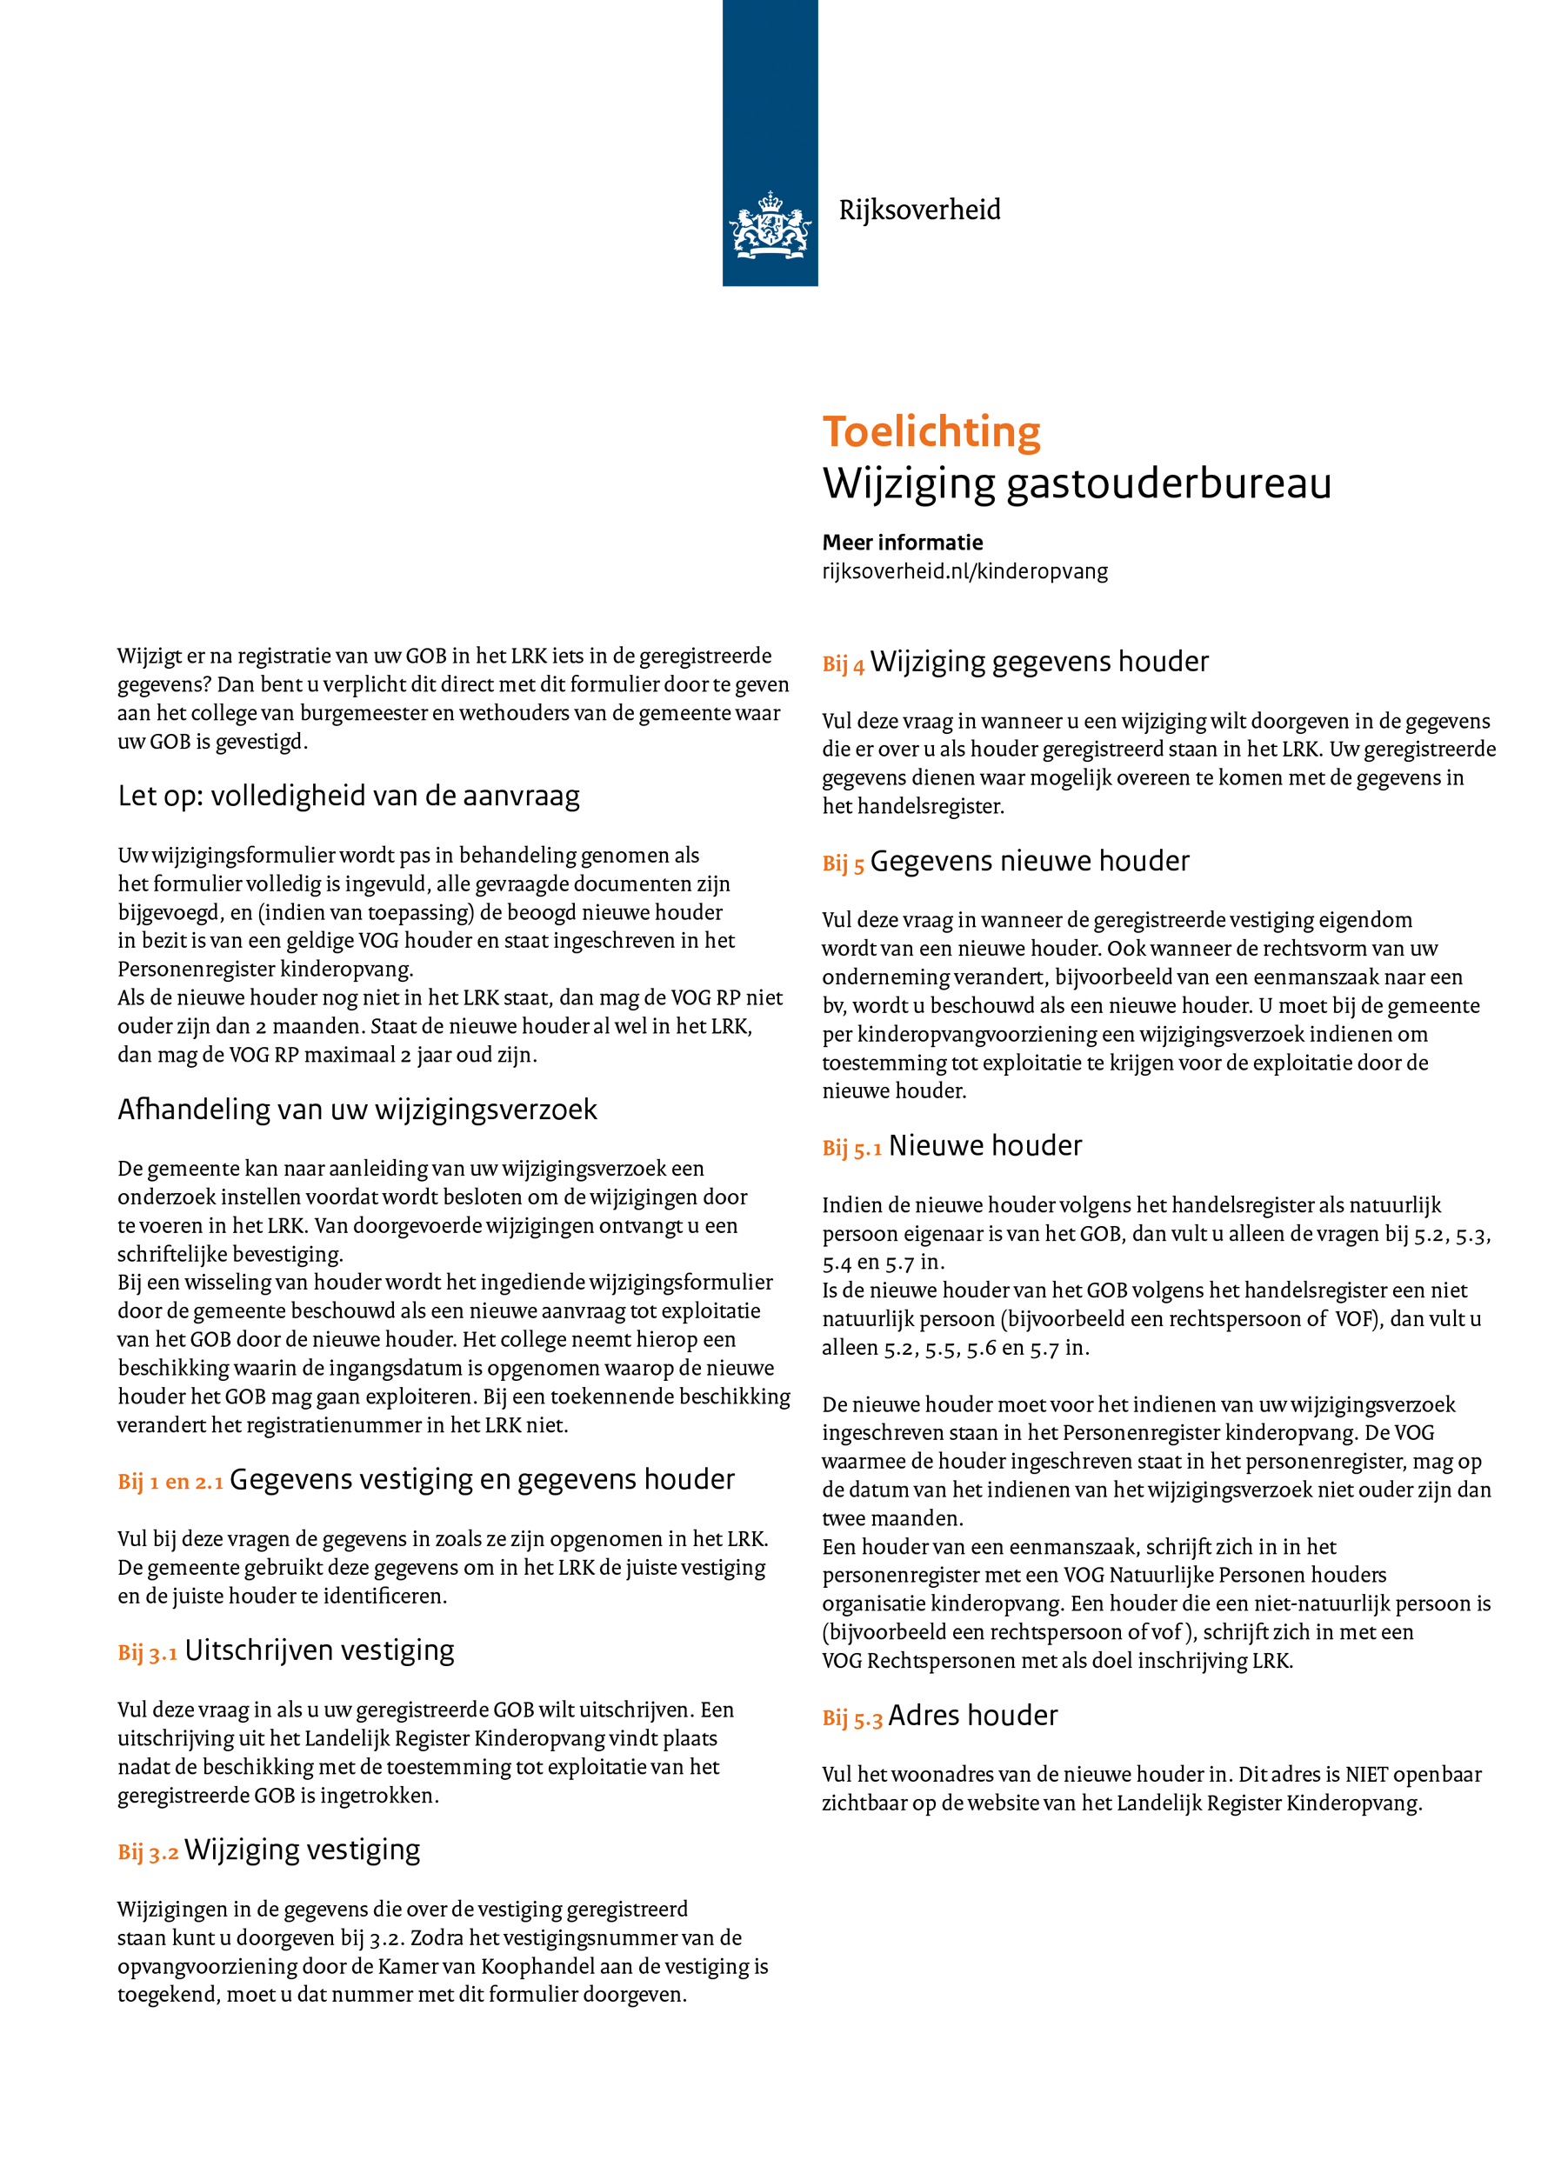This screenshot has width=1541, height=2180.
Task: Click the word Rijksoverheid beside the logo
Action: pyautogui.click(x=919, y=210)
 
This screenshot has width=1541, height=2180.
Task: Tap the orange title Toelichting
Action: pyautogui.click(x=931, y=432)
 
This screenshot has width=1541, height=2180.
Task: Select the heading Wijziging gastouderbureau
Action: pyautogui.click(x=1077, y=483)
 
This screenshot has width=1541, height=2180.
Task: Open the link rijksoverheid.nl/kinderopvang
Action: pyautogui.click(x=964, y=570)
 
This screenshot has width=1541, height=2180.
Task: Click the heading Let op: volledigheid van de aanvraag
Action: pyautogui.click(x=349, y=796)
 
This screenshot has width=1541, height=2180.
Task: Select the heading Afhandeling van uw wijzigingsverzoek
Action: pyautogui.click(x=357, y=1109)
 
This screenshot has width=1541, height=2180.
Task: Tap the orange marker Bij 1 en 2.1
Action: pyautogui.click(x=170, y=1482)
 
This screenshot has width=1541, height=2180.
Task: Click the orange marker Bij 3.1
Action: pyautogui.click(x=147, y=1653)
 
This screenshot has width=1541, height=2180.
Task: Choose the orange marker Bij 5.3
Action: pyautogui.click(x=851, y=1718)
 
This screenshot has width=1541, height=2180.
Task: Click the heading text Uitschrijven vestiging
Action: pyautogui.click(x=319, y=1651)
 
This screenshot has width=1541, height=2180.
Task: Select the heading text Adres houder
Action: pyautogui.click(x=972, y=1716)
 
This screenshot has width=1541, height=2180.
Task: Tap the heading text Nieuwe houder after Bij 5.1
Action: pyautogui.click(x=984, y=1146)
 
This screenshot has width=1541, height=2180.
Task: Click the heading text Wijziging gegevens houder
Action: pyautogui.click(x=1038, y=662)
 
